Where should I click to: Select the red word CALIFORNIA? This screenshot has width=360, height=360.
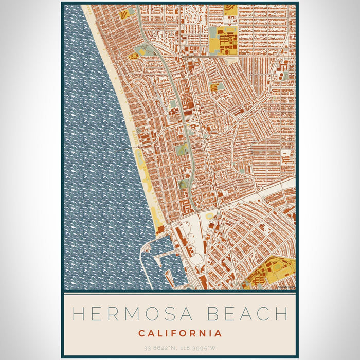pyautogui.click(x=180, y=333)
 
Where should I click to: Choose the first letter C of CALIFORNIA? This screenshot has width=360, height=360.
pyautogui.click(x=141, y=333)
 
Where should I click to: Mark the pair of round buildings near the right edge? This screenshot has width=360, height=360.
pyautogui.click(x=282, y=76)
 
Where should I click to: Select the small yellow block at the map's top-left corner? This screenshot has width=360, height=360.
pyautogui.click(x=124, y=14)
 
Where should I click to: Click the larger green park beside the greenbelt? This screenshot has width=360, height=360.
pyautogui.click(x=182, y=150)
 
